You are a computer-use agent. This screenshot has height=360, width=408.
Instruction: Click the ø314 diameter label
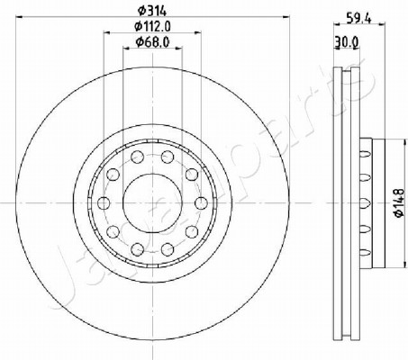pos(152,11)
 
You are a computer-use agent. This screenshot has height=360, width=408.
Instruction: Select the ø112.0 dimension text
pos(153,27)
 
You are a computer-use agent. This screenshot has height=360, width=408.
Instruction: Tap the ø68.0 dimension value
pos(153,42)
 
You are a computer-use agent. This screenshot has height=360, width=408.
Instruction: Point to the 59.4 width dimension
pos(359,19)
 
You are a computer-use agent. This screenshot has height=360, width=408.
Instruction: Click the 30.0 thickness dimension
pos(347,42)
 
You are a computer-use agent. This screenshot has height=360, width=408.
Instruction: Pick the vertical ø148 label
pos(399,203)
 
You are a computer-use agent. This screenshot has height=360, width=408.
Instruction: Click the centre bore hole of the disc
pos(152,203)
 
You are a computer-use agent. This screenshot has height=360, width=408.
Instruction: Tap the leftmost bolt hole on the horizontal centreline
pos(104,203)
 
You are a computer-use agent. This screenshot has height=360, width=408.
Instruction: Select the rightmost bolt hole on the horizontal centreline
pos(201,203)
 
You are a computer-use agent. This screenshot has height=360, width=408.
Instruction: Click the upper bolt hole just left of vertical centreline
pos(138,157)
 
